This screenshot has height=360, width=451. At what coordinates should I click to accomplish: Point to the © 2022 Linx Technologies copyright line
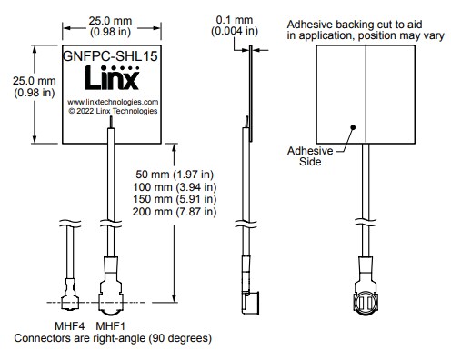click(113, 112)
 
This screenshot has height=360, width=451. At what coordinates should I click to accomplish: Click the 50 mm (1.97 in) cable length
click(175, 174)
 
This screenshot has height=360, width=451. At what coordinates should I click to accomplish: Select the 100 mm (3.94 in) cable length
click(176, 186)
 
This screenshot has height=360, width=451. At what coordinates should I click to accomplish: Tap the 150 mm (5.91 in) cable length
click(176, 199)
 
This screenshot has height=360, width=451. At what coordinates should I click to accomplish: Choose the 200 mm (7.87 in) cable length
click(176, 212)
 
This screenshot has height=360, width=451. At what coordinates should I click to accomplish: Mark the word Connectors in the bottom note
click(42, 337)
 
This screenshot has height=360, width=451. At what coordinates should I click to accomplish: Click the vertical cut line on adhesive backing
click(364, 91)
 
